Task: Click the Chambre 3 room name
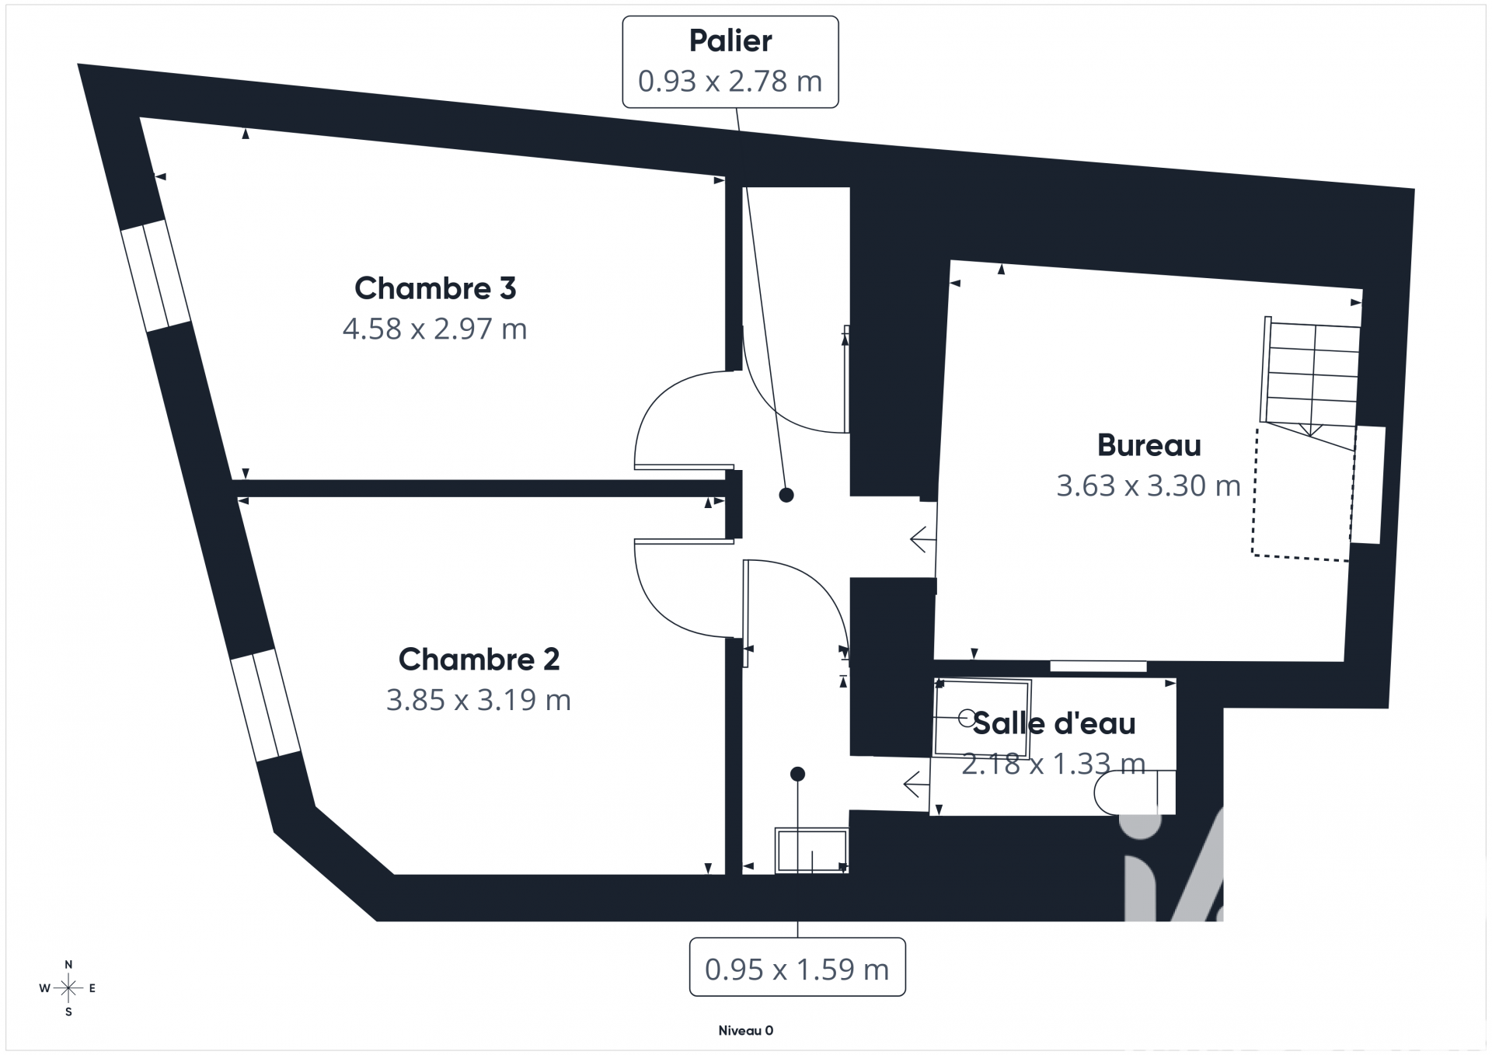435,288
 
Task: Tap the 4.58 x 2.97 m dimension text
435,329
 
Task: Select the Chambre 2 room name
479,660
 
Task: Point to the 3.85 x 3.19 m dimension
479,700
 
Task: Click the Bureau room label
1149,445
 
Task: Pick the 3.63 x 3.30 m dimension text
1149,486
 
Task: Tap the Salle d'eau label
1054,723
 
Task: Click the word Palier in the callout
730,41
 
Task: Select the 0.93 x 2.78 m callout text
730,82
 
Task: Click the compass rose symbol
68,989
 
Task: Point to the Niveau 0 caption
746,1031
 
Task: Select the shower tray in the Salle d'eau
982,719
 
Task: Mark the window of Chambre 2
266,705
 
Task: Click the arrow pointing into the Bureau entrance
922,538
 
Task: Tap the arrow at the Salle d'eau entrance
916,785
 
